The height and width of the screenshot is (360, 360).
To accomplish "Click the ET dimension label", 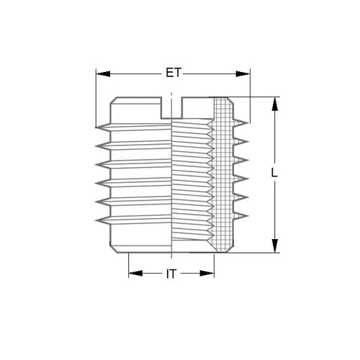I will click(172, 73).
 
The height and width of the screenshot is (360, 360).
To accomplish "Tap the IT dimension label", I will click(172, 274).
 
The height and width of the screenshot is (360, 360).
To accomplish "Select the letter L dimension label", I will click(274, 174).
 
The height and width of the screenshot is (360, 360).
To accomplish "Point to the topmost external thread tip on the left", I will click(97, 129).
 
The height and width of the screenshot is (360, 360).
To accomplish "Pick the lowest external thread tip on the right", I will click(248, 212).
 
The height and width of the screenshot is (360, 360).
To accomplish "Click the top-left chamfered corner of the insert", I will click(113, 101).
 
